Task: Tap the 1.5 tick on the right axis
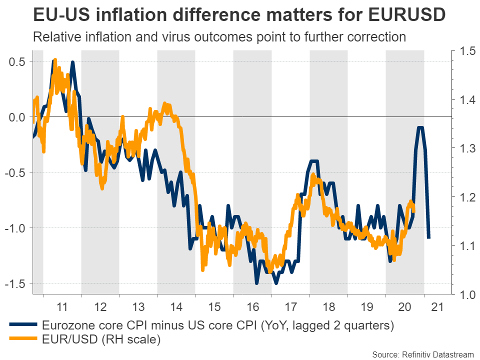click(461, 51)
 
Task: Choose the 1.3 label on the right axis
click(461, 148)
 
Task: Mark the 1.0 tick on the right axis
click(461, 294)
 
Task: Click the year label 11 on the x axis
click(62, 306)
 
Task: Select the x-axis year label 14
click(176, 306)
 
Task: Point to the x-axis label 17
click(290, 306)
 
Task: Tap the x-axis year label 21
click(442, 306)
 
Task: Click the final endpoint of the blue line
click(428, 237)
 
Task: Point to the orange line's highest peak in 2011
click(54, 59)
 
